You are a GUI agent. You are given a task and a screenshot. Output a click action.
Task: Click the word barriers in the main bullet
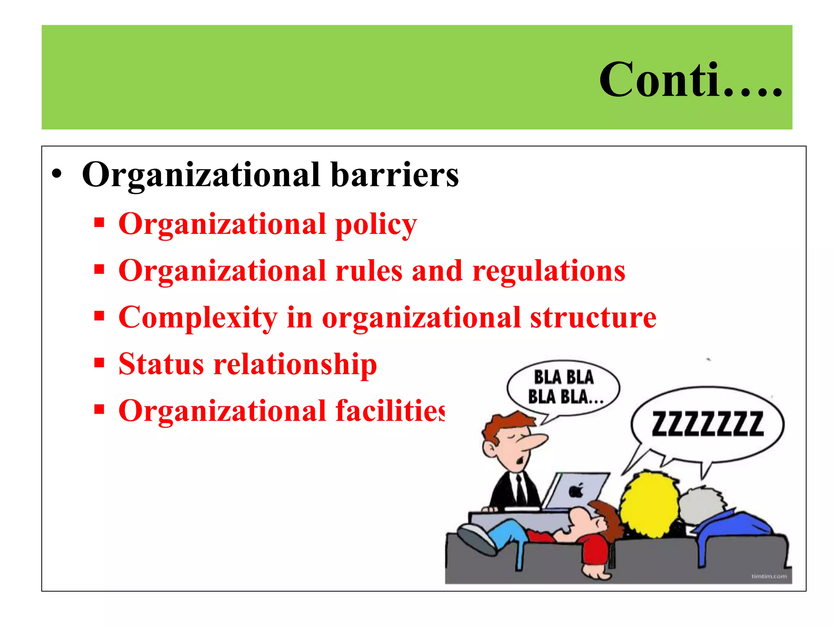pos(395,175)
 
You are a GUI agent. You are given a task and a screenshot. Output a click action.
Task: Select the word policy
pos(376,225)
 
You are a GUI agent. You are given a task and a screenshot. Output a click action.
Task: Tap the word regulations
pos(549,272)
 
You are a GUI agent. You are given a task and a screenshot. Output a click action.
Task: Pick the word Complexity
pos(198,318)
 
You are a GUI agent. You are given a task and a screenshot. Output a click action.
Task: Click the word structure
pos(593,317)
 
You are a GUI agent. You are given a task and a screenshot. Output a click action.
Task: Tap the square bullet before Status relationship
pos(99,362)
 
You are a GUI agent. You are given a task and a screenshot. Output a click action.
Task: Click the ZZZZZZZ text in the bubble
pos(708,424)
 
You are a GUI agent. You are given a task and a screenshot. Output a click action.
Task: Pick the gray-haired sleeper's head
pos(700,507)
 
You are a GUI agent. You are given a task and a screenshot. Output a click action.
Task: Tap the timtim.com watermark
pos(769,576)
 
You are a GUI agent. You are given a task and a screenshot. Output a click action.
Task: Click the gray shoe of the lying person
pos(476,538)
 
